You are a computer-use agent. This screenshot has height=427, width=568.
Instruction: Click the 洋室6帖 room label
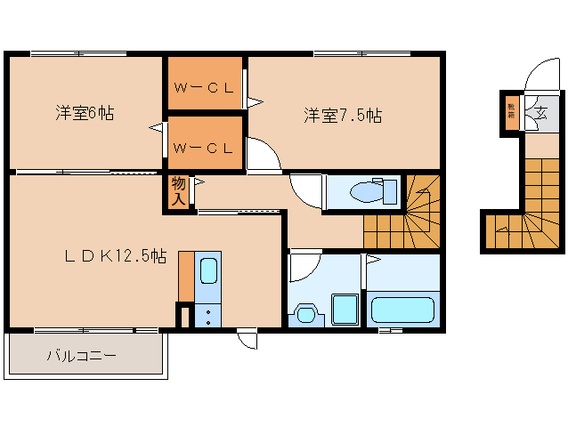(x=85, y=113)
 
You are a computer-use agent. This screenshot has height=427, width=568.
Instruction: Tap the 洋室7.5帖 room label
(x=343, y=116)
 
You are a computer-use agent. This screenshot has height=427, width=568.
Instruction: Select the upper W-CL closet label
(x=204, y=88)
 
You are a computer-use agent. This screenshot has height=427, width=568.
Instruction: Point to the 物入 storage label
(x=177, y=191)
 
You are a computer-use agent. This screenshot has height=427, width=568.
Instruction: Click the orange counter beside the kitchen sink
(x=185, y=277)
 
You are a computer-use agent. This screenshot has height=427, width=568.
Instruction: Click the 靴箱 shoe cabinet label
(x=511, y=111)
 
